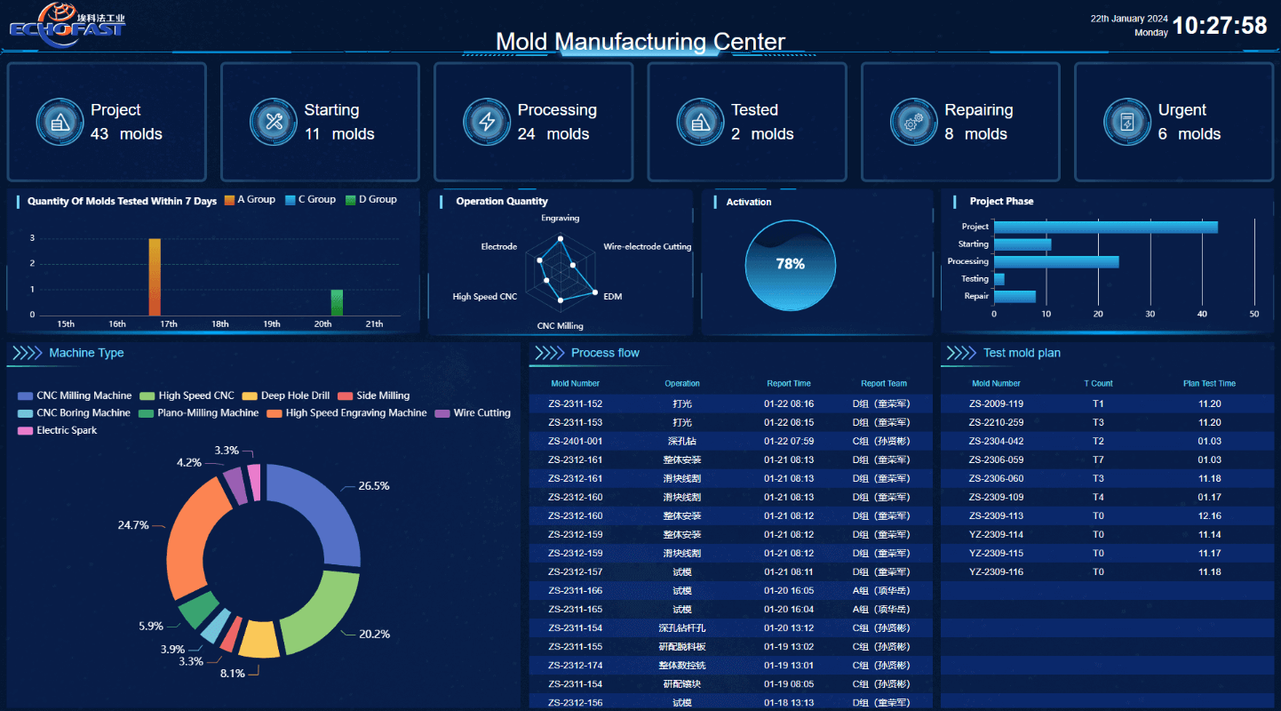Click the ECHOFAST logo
pyautogui.click(x=68, y=23)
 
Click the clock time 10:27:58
pyautogui.click(x=1220, y=26)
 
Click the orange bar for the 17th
pyautogui.click(x=155, y=277)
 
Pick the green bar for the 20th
pyautogui.click(x=337, y=302)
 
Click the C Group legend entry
pyautogui.click(x=310, y=200)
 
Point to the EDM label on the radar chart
pyautogui.click(x=613, y=296)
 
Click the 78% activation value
pyautogui.click(x=790, y=264)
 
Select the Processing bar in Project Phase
pyautogui.click(x=1056, y=262)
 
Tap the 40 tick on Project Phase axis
pyautogui.click(x=1202, y=314)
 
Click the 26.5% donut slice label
pyautogui.click(x=374, y=486)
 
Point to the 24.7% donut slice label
pyautogui.click(x=133, y=525)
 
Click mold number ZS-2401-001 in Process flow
pyautogui.click(x=576, y=442)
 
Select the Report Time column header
pyautogui.click(x=789, y=384)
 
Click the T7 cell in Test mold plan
pyautogui.click(x=1098, y=460)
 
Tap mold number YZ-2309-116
pyautogui.click(x=996, y=572)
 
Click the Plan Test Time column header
pyautogui.click(x=1209, y=384)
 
